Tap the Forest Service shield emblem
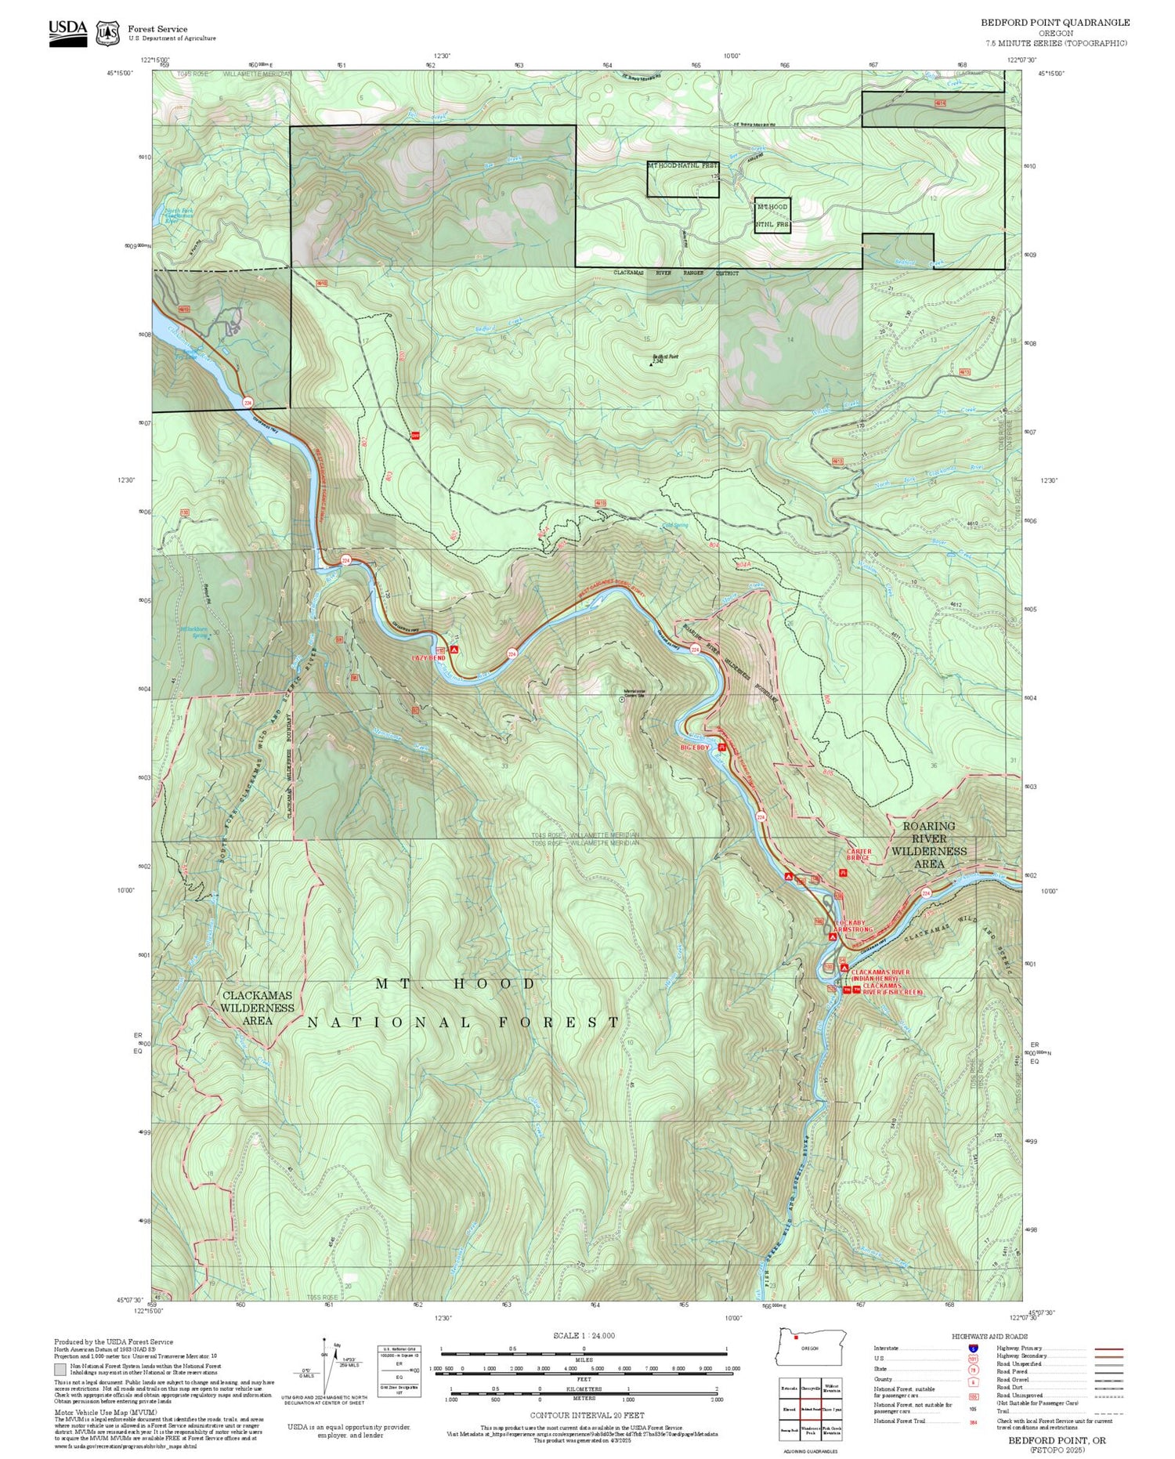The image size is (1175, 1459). pos(107,34)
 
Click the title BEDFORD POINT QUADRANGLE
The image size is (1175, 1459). pos(1055,23)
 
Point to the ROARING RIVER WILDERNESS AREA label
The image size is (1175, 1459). pos(929,845)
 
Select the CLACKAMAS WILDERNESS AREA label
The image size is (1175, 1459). pos(257,1008)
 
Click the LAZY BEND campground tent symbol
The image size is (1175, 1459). pos(454,650)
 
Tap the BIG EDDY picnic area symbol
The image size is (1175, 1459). pos(723,748)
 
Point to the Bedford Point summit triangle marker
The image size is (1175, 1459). pos(653,364)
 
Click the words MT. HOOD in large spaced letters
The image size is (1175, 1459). pos(456,983)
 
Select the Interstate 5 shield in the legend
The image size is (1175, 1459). pos(974,1348)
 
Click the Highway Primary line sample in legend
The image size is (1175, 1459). pos(1104,1349)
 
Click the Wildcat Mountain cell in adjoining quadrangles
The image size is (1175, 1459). pos(832,1387)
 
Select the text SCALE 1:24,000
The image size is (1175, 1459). pos(584,1336)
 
